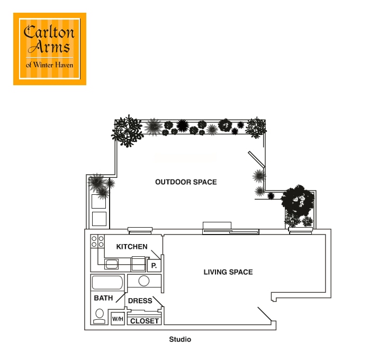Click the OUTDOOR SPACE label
tap(186, 182)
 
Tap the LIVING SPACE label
tap(228, 272)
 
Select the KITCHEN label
tap(132, 247)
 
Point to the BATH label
tap(103, 298)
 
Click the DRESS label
tap(140, 301)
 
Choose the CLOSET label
tap(145, 321)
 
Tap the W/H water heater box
tap(118, 319)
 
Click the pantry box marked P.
tap(154, 265)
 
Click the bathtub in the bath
tap(107, 282)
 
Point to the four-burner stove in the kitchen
tap(97, 242)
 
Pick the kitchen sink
tap(112, 264)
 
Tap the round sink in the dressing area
tap(144, 281)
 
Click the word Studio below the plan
tap(180, 339)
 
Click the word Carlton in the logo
tap(50, 33)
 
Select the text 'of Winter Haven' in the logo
tap(50, 66)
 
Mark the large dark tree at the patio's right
tap(297, 202)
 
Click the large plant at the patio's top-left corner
tap(127, 131)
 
